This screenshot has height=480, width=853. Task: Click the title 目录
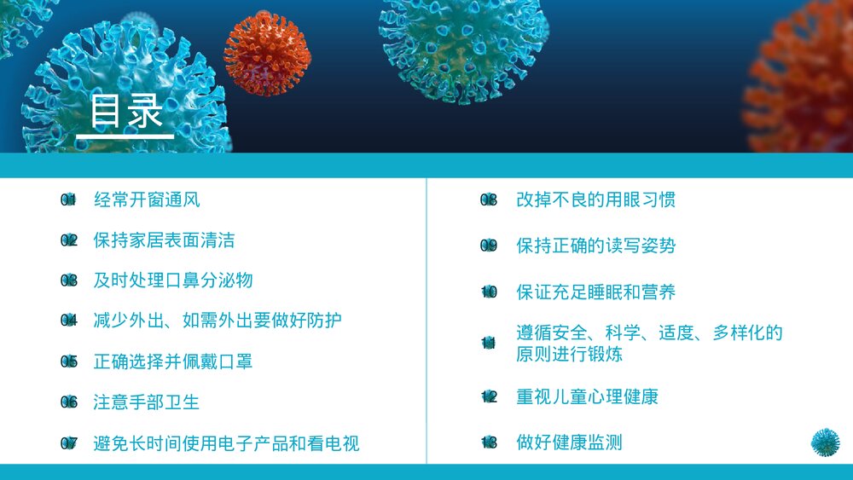pos(126,112)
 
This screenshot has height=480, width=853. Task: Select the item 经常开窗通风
pos(147,200)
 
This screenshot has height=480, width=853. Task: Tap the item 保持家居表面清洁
pos(164,240)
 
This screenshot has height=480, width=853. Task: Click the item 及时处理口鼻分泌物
pos(173,280)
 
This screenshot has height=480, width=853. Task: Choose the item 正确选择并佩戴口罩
pos(173,361)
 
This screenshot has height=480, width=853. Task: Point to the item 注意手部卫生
pos(147,402)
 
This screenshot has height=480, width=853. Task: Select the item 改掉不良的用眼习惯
pos(596,200)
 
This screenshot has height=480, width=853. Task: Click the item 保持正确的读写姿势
pos(596,246)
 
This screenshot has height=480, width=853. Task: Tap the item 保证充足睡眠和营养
pos(596,292)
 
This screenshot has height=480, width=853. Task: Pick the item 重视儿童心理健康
pos(588,396)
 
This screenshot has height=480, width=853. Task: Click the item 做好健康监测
pos(569,442)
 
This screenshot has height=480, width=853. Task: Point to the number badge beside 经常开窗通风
pos(69,200)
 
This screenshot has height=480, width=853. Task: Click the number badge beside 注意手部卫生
pos(69,402)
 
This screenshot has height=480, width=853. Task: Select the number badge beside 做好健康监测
pos(489,442)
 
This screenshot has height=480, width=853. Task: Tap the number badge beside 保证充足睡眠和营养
pos(489,292)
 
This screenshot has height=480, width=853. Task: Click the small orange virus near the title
pos(266,53)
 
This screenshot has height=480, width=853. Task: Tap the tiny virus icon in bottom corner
pos(825,442)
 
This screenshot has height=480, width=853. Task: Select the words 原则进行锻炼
pos(569,353)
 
